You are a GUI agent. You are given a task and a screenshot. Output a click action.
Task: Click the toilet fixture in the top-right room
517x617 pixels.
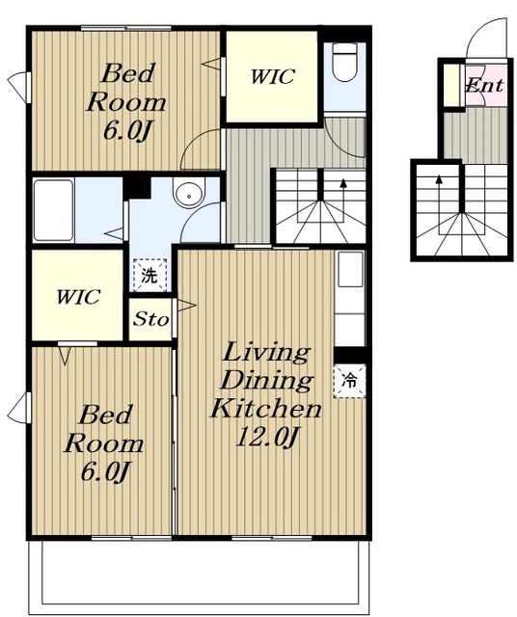[344, 62]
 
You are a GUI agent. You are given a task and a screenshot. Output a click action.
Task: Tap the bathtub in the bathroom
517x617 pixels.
[53, 210]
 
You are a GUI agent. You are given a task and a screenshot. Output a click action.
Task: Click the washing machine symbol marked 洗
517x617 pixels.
[150, 275]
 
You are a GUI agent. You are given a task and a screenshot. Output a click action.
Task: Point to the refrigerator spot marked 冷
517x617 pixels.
[349, 381]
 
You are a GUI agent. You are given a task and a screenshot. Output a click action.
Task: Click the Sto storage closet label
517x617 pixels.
[150, 319]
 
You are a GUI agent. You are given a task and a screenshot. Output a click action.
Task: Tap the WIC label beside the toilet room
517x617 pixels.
[272, 76]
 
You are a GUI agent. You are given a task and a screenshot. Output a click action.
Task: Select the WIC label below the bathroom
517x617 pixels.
[78, 297]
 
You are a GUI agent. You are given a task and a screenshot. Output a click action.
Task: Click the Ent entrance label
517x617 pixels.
[484, 85]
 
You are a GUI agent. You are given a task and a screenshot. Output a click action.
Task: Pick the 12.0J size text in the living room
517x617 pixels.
[265, 437]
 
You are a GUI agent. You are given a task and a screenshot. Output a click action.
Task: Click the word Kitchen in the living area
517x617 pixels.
[266, 408]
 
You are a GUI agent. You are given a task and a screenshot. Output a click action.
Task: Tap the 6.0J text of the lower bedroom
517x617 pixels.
[105, 471]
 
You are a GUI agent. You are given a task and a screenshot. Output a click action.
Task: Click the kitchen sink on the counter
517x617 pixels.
[350, 270]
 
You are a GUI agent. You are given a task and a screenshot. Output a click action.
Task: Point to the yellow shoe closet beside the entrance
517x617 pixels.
[452, 85]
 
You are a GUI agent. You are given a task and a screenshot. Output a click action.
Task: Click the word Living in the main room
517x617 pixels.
[265, 353]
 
